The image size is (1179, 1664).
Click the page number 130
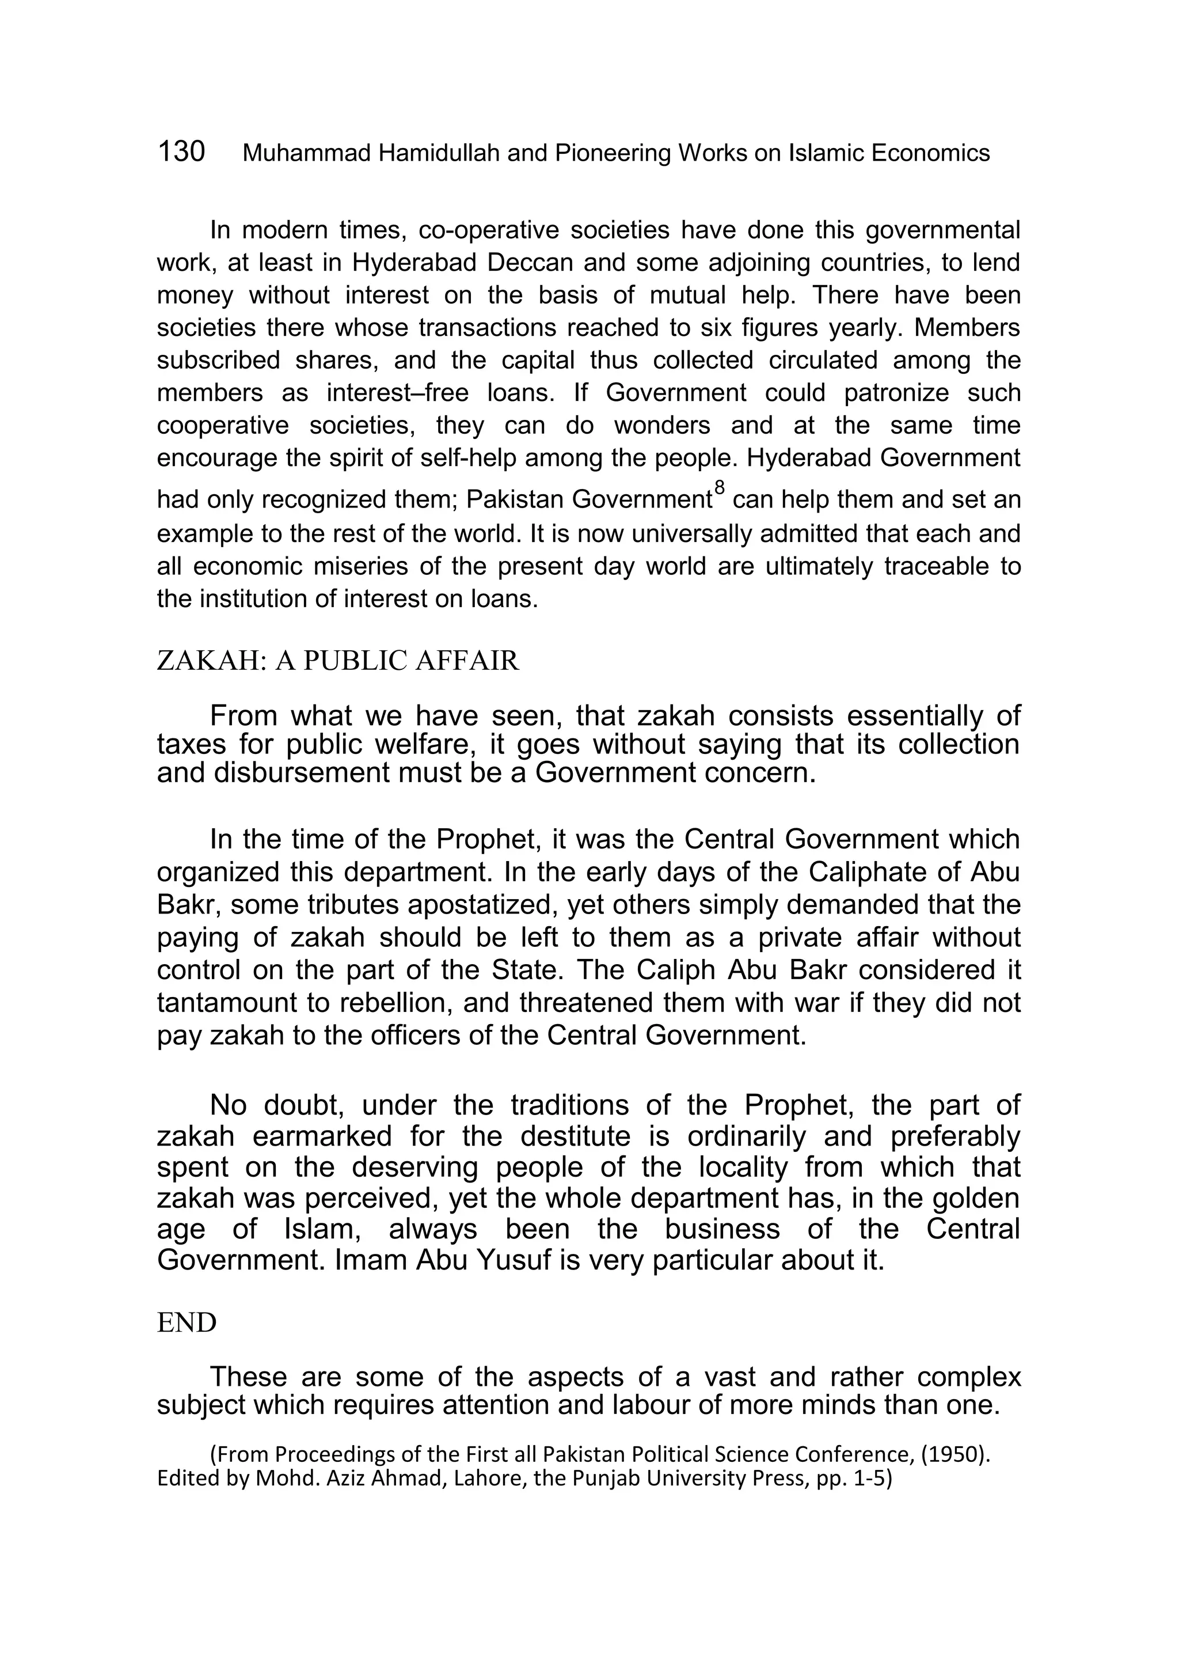(x=181, y=152)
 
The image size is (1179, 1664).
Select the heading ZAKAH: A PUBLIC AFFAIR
(x=337, y=661)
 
